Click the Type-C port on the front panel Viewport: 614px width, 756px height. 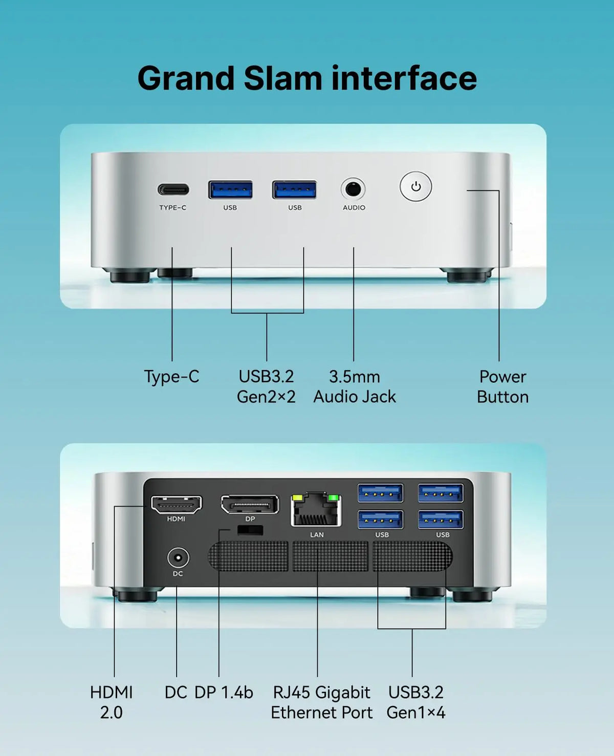[173, 189]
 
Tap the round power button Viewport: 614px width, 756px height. [415, 187]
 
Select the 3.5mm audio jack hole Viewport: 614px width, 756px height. [353, 189]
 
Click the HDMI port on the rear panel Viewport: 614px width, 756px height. [177, 505]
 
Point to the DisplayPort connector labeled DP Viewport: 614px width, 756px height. [250, 504]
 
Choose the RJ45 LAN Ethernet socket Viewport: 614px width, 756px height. [316, 509]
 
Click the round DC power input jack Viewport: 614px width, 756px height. [178, 557]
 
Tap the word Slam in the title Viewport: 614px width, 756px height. [283, 78]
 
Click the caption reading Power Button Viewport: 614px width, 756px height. [502, 387]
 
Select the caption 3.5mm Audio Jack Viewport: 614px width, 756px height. [355, 387]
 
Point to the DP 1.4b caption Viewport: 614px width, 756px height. [224, 693]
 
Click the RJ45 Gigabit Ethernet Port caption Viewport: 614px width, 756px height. [322, 702]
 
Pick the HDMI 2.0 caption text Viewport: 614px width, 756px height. [112, 702]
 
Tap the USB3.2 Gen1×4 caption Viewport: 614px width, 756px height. [415, 702]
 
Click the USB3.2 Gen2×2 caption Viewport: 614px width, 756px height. [266, 387]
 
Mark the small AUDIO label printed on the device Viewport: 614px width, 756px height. [354, 208]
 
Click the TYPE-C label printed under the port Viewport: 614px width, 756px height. [173, 208]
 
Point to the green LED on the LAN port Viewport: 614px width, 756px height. [333, 498]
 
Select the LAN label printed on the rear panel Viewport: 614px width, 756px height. [317, 534]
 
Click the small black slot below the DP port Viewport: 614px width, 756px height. [250, 530]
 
